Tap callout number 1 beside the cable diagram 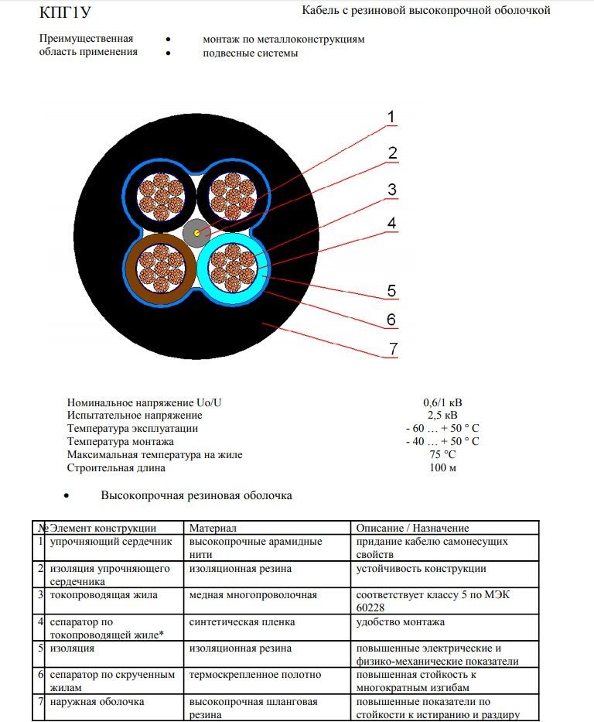coord(391,118)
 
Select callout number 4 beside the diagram coord(392,223)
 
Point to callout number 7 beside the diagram coord(393,349)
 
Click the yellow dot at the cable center coord(198,232)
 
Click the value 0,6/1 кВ coord(443,402)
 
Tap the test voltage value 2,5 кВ coord(442,416)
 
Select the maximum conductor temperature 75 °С coord(442,455)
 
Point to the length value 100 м coord(442,468)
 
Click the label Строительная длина coord(116,468)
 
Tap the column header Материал coord(212,529)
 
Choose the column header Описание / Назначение coord(413,529)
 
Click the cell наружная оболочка coord(97,702)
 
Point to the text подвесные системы coord(250,53)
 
